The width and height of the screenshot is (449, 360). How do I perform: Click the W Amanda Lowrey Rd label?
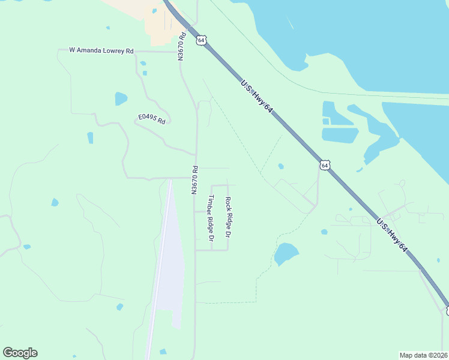coord(101,51)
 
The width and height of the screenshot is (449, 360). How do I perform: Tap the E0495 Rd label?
coord(151,119)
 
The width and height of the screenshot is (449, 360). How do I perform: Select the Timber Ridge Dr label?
coord(211,218)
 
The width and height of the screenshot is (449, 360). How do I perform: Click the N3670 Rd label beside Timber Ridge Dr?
coord(194,180)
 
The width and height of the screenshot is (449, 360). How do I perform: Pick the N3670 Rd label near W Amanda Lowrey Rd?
coord(181,46)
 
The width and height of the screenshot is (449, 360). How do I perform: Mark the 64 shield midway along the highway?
coord(325,165)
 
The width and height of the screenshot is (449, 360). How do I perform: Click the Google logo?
coord(20,353)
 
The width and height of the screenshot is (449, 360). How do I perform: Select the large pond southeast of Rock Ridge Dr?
coord(286,254)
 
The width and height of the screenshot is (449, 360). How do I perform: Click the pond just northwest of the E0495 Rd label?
coord(121,98)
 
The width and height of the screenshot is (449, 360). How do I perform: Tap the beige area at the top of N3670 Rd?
coord(159,24)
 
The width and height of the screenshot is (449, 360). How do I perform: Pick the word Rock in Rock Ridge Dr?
coord(228,203)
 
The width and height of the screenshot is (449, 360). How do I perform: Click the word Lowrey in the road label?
coord(112,51)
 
